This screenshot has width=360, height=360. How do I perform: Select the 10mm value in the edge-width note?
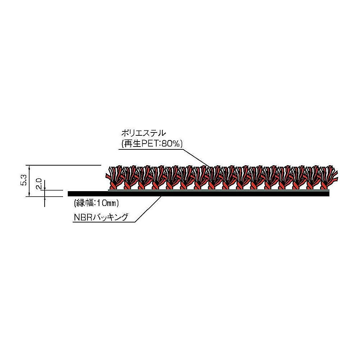click(x=107, y=203)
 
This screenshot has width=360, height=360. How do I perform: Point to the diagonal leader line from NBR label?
click(x=148, y=209)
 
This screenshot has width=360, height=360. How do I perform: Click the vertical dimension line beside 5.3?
click(x=28, y=180)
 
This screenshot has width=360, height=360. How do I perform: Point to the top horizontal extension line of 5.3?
click(x=65, y=165)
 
